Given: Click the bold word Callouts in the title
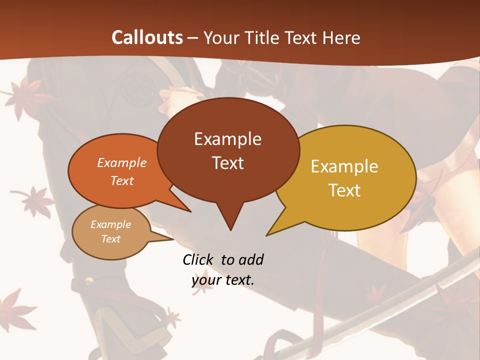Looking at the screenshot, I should (x=147, y=37).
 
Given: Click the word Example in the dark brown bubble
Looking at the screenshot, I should (x=227, y=139).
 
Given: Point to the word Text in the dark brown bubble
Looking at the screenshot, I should (x=227, y=163).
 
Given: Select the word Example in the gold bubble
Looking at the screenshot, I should (x=344, y=166).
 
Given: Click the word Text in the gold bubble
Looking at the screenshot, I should (x=344, y=190).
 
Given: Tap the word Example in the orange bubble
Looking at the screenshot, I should (x=122, y=162).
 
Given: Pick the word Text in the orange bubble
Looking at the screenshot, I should (x=122, y=180).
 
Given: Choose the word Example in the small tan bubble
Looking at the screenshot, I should (x=110, y=224).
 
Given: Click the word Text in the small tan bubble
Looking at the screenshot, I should (x=110, y=239).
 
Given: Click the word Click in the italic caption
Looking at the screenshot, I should (x=200, y=259).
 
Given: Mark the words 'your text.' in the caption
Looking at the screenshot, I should (x=223, y=280).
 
